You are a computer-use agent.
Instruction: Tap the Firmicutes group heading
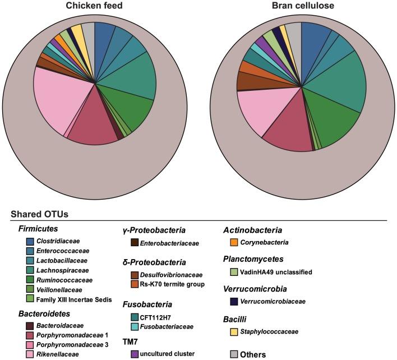(x=38, y=229)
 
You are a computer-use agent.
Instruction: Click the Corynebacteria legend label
(x=266, y=242)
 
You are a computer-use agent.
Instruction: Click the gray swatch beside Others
(x=235, y=354)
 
